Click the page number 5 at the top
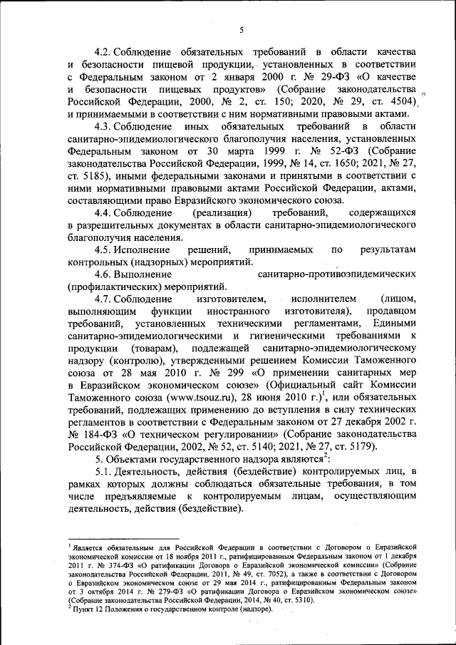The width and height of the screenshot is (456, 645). click(242, 29)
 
